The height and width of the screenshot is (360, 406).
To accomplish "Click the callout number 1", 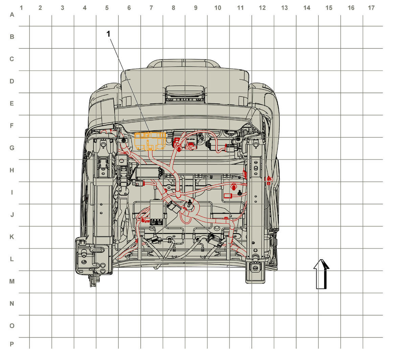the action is click(x=108, y=34).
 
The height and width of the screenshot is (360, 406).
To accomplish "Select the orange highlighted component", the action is click(x=150, y=141).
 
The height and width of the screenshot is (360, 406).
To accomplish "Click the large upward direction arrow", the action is click(x=321, y=274).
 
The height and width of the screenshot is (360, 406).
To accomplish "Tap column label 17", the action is click(x=371, y=8).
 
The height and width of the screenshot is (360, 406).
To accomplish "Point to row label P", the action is click(x=12, y=344).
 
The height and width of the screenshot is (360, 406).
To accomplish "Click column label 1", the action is click(x=21, y=8).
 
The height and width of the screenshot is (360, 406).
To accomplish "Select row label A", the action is click(x=12, y=15).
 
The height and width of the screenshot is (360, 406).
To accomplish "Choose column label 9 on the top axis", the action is click(x=196, y=8).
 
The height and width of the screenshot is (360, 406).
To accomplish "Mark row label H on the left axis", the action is click(x=12, y=170).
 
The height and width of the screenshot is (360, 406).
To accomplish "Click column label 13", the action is click(x=284, y=8).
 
